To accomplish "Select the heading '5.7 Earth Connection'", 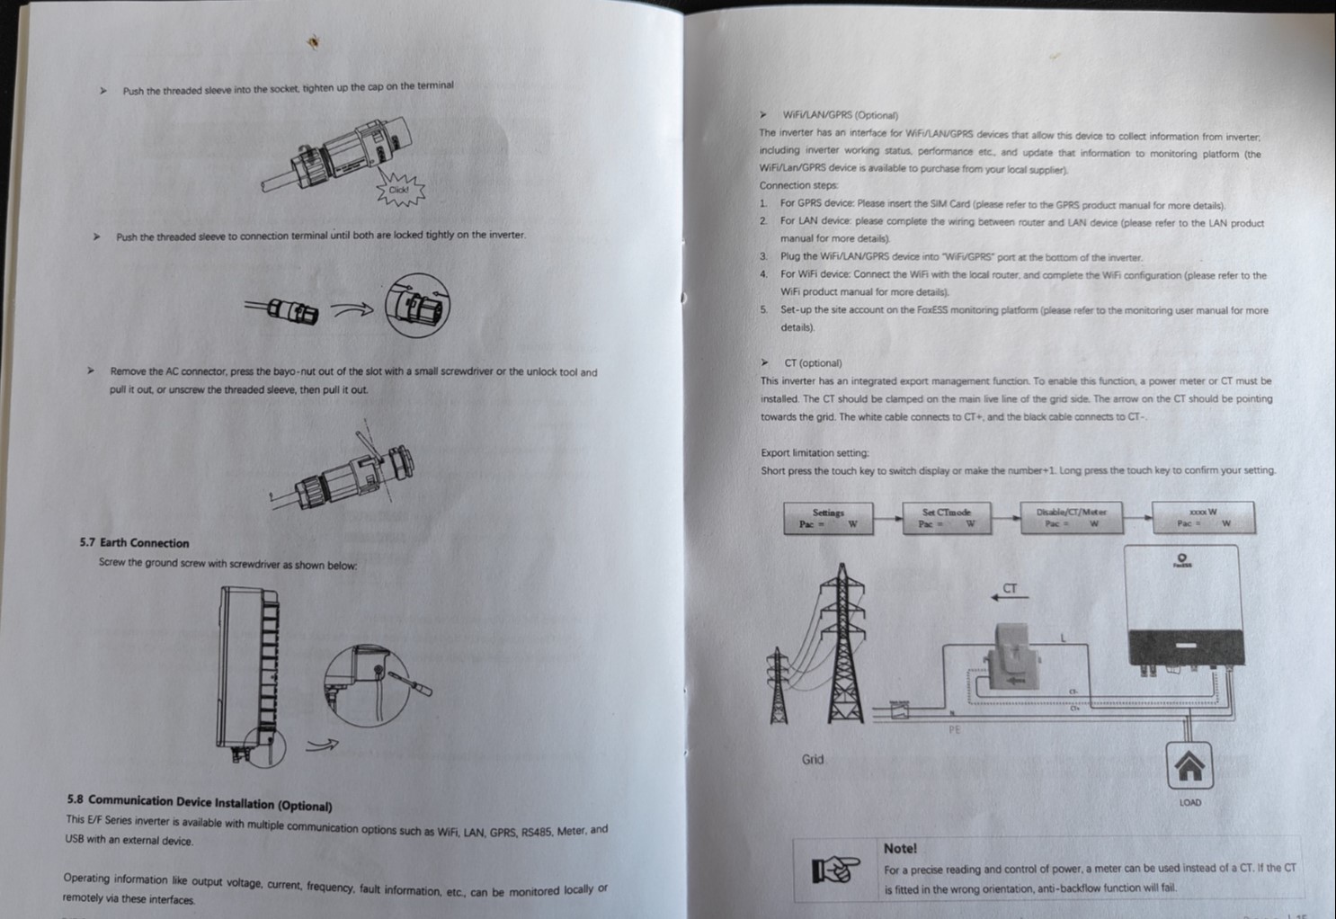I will [134, 543].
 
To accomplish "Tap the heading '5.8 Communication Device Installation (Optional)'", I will [199, 802].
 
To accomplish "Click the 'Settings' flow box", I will [828, 518].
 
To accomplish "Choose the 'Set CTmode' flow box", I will [947, 518].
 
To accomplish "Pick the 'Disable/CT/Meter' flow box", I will [1071, 518].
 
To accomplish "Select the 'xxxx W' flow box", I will [1203, 517].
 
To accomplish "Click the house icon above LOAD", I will [1189, 766].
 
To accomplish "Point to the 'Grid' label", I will [812, 760].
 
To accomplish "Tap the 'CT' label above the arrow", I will [1010, 588].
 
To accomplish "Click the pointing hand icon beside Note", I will [835, 870].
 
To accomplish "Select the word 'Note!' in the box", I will [900, 848].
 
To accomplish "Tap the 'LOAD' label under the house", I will [1189, 802].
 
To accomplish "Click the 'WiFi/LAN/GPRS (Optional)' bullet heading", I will [840, 115].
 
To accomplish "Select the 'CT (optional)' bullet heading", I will [813, 363].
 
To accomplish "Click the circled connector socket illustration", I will [417, 306].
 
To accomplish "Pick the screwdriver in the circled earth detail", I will [409, 683].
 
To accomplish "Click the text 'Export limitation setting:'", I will [815, 453].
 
